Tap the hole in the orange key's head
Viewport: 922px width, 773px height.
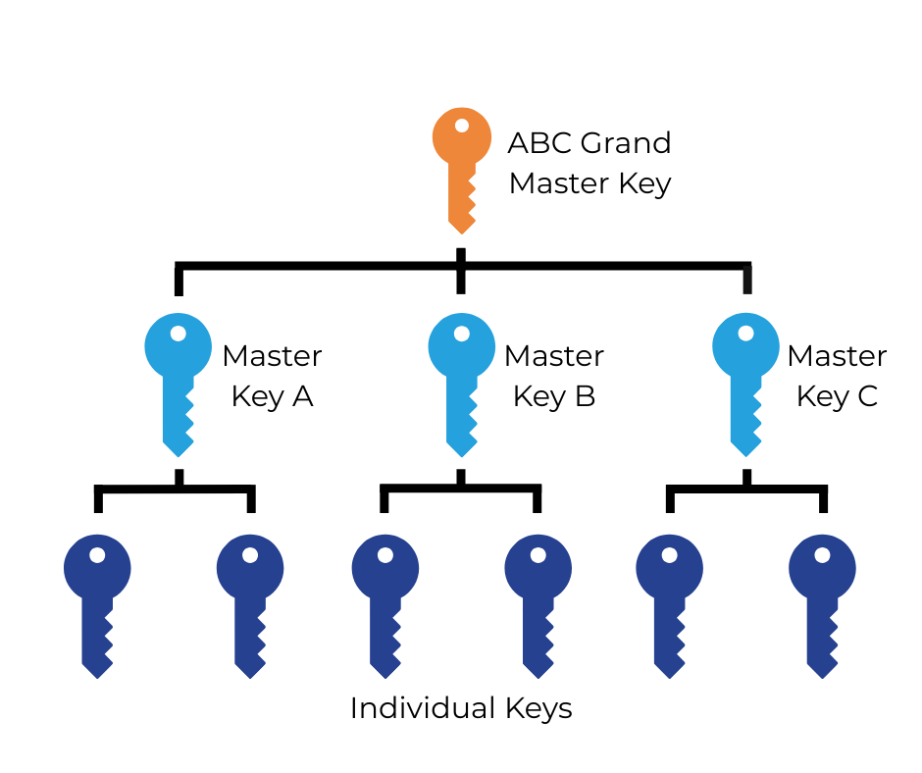[x=461, y=125]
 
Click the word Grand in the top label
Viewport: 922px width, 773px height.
[x=626, y=143]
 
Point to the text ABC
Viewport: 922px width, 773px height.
[x=538, y=143]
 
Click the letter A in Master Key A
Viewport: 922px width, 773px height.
[x=302, y=396]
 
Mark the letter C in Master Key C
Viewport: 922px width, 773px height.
[x=866, y=396]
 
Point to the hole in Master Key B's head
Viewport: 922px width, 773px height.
[x=461, y=333]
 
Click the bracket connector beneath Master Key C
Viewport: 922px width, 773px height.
[x=746, y=489]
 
